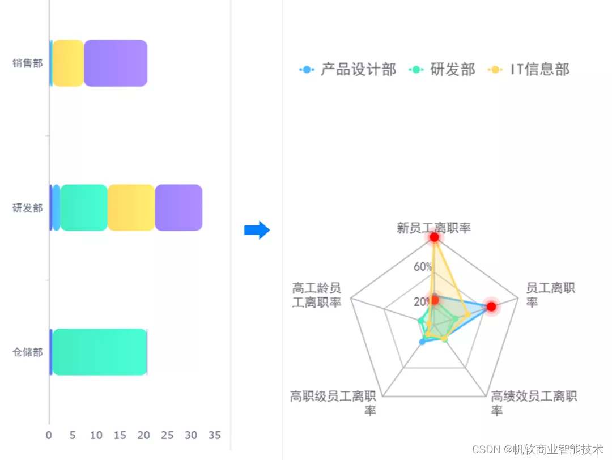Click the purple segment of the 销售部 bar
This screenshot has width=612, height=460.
(116, 63)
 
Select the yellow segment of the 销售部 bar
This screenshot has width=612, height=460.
(69, 63)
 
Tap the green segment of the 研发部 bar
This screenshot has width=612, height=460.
(84, 207)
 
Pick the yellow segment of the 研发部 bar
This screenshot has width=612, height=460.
(131, 207)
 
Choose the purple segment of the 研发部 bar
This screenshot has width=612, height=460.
(178, 207)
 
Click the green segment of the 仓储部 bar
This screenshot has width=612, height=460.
(100, 352)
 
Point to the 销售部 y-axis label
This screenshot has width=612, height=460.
(28, 63)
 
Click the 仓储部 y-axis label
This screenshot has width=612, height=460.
(28, 352)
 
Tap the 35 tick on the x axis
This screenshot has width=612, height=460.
(214, 436)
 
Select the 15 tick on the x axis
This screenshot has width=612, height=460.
(120, 436)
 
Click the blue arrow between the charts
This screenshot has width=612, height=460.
(257, 230)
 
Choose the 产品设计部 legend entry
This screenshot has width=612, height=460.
(348, 70)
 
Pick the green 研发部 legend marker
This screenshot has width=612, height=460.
(418, 70)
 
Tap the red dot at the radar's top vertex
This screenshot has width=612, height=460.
(434, 237)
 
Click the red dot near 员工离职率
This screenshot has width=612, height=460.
(491, 306)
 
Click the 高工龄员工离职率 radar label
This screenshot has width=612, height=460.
(317, 295)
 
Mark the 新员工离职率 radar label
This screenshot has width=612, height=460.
(434, 228)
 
